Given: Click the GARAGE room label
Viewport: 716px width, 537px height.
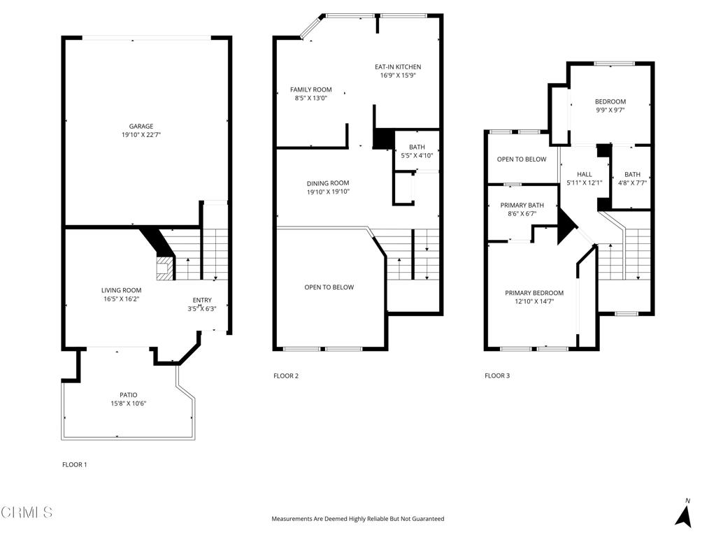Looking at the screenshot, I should coord(141,127).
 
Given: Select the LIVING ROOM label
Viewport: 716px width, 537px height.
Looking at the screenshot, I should coord(122,290).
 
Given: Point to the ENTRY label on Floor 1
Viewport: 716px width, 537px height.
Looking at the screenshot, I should coord(202,300).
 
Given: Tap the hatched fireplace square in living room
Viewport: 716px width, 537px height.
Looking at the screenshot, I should coord(164,267).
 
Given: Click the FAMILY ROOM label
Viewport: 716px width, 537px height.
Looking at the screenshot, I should coord(311,89).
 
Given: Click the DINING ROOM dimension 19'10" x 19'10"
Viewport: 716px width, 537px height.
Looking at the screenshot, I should coord(328,192).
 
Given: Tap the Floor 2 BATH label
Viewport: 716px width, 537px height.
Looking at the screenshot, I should coord(417,147).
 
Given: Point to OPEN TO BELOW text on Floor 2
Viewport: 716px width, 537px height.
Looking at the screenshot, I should coord(329,287).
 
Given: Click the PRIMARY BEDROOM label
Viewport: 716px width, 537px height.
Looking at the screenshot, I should coord(534,293).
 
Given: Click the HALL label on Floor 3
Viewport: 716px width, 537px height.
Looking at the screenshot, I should coord(585,174).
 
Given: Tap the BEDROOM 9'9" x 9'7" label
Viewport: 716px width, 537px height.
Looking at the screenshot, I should coord(610,101).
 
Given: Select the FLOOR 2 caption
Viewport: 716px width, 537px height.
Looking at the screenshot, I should coord(285,376).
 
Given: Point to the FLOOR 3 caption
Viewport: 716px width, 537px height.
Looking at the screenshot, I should coord(497,376).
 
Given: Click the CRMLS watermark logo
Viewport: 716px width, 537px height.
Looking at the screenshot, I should coord(27,513).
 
